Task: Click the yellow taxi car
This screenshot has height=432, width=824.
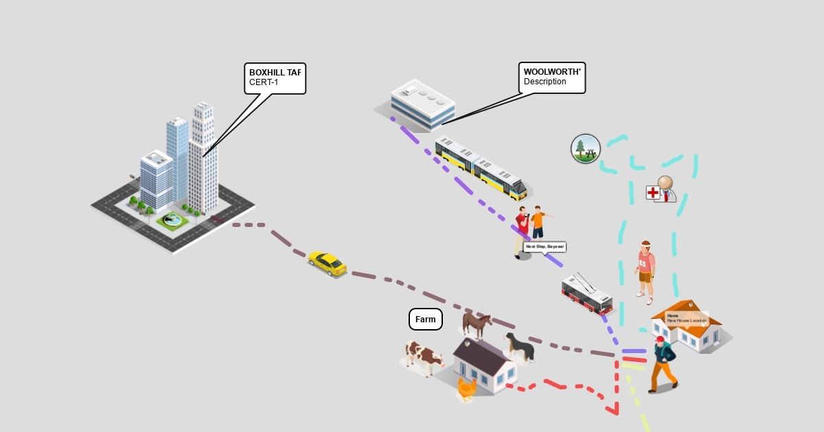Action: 328,263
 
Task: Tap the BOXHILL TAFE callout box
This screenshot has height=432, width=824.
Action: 275,78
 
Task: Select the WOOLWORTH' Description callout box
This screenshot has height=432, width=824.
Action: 552,77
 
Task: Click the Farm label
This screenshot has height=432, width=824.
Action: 426,320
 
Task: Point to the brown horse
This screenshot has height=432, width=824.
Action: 477,326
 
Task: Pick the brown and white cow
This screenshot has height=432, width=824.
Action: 423,357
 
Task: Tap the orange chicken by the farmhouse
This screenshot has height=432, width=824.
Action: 467,389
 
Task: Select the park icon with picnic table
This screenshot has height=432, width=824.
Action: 586,149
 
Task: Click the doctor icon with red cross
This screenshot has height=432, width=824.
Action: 661,190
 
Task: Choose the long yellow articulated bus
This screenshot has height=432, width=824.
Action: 481,168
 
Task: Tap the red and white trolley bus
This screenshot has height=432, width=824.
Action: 586,294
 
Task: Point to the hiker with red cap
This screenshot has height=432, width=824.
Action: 663,365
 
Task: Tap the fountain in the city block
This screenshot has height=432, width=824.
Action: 171,219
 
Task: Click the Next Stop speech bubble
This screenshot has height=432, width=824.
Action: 545,246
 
